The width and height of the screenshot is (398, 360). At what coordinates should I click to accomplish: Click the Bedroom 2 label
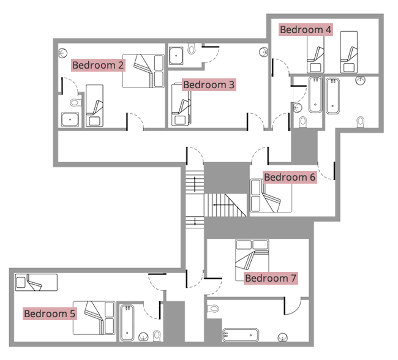pyautogui.click(x=98, y=65)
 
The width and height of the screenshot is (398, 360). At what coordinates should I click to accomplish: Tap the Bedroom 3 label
pyautogui.click(x=209, y=84)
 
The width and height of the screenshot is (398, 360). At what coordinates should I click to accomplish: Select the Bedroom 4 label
pyautogui.click(x=306, y=29)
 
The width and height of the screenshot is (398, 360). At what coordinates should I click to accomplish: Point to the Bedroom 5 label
pyautogui.click(x=50, y=314)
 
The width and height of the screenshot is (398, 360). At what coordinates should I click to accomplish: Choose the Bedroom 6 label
pyautogui.click(x=289, y=178)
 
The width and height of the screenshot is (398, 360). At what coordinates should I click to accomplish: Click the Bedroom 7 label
pyautogui.click(x=271, y=279)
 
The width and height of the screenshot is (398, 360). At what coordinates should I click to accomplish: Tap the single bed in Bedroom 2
pyautogui.click(x=94, y=105)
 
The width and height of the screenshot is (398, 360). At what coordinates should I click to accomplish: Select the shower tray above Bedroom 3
pyautogui.click(x=177, y=53)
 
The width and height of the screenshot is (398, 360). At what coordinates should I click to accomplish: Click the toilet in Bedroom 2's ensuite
pyautogui.click(x=75, y=103)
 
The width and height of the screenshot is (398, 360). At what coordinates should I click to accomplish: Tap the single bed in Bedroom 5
pyautogui.click(x=36, y=282)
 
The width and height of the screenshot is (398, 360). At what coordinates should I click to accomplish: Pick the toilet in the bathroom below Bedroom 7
pyautogui.click(x=213, y=308)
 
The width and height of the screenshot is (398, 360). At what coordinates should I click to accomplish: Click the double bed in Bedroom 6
pyautogui.click(x=270, y=195)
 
